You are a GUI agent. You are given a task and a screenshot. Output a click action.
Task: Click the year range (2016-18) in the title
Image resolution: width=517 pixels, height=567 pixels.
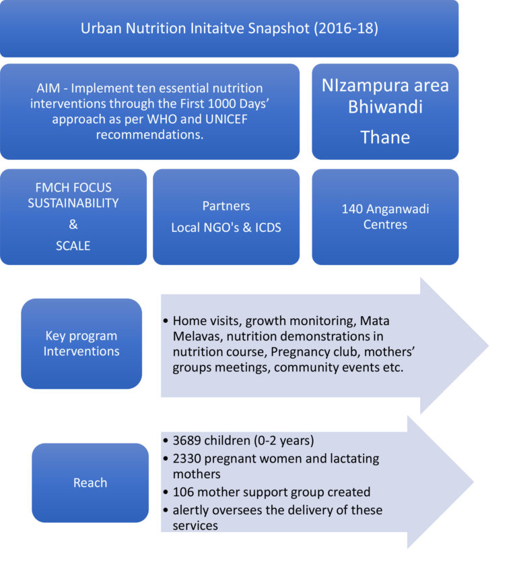[346, 28]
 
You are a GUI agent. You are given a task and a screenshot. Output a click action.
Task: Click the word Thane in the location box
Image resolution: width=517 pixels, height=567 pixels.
[385, 138]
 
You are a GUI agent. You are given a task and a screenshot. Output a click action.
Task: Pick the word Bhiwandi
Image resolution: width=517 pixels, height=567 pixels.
[385, 107]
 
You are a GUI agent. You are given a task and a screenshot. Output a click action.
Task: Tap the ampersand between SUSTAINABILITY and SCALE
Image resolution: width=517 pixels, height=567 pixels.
[73, 225]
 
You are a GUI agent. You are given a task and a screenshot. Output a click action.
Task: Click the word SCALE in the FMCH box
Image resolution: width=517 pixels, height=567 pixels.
[73, 246]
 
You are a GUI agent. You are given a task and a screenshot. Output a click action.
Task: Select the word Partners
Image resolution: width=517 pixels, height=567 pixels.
[226, 206]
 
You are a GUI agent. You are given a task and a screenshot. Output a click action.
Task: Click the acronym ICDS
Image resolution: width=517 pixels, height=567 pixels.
[268, 227]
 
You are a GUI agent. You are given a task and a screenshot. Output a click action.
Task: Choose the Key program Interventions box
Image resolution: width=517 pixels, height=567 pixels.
[81, 344]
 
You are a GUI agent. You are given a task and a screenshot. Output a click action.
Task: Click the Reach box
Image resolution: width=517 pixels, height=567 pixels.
[90, 483]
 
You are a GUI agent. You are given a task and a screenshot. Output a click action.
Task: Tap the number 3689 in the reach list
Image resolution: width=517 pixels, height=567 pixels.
[186, 440]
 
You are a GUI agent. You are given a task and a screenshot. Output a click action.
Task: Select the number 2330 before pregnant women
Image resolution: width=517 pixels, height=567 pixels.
[186, 458]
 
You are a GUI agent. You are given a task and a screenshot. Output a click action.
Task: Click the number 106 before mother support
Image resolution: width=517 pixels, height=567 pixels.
[183, 492]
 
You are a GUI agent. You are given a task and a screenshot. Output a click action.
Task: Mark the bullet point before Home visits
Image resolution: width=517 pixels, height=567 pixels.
[166, 321]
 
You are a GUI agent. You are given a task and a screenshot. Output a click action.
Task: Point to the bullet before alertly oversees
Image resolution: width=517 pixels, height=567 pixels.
[166, 510]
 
